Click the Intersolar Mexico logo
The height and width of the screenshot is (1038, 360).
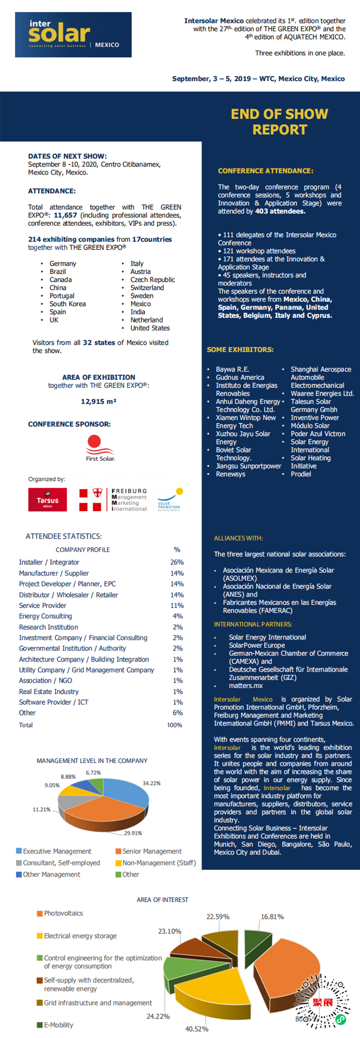[x=73, y=35]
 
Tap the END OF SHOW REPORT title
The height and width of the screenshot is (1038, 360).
[x=279, y=122]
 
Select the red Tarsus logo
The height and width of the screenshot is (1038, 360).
[x=48, y=500]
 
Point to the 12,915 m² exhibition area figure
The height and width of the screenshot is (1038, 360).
[x=98, y=402]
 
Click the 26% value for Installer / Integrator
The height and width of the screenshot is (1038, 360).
[x=177, y=562]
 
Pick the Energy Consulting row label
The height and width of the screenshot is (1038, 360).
[x=45, y=616]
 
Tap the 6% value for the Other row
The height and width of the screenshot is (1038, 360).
[x=177, y=713]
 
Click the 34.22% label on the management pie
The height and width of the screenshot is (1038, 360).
[x=151, y=783]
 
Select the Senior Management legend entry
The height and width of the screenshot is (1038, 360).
[x=151, y=851]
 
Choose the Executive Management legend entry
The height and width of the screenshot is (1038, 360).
[x=57, y=851]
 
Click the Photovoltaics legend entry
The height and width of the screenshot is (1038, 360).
[x=63, y=913]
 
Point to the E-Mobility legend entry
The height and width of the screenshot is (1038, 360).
[x=58, y=1025]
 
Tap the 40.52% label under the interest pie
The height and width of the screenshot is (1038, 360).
[x=196, y=1029]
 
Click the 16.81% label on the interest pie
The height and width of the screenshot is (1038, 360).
[x=272, y=917]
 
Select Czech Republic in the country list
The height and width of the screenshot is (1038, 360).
[x=152, y=280]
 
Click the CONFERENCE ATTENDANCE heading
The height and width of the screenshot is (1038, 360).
[x=266, y=171]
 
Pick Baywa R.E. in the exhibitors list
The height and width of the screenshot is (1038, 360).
[x=232, y=369]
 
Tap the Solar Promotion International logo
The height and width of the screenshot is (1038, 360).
[x=169, y=500]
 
